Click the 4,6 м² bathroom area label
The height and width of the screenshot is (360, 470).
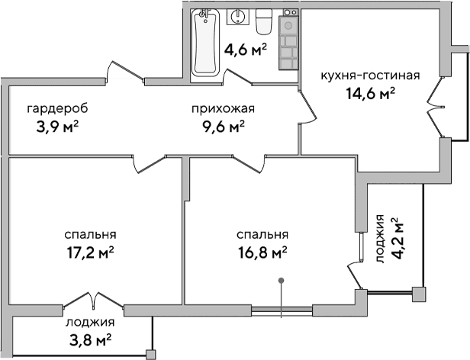click(245, 51)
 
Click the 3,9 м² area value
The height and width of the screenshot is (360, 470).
click(58, 125)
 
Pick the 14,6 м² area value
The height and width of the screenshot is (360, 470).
click(370, 93)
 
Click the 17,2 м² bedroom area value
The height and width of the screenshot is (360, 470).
click(90, 252)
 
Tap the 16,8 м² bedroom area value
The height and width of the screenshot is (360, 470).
click(262, 252)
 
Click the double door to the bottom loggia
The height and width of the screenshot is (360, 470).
click(90, 298)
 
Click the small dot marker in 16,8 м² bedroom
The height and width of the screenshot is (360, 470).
click(282, 282)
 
